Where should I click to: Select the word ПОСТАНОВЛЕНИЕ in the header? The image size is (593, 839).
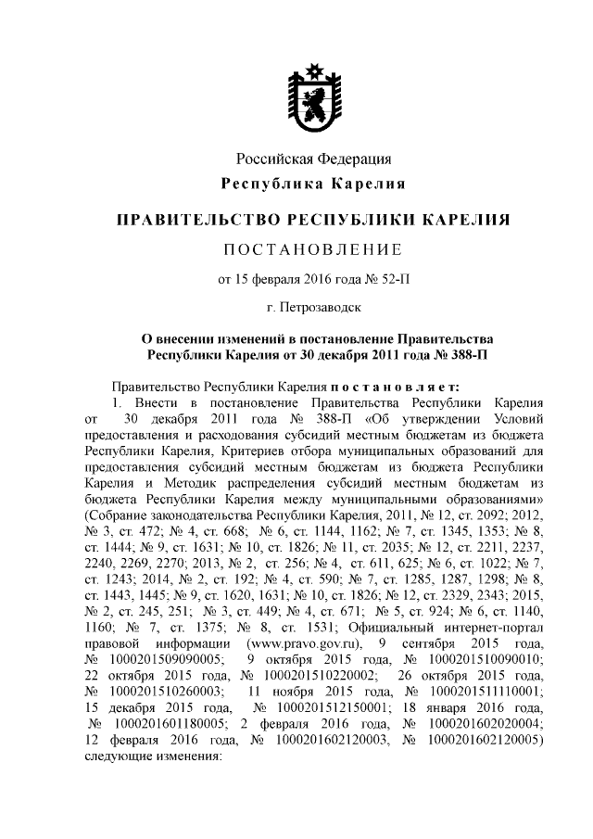click(x=313, y=249)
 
